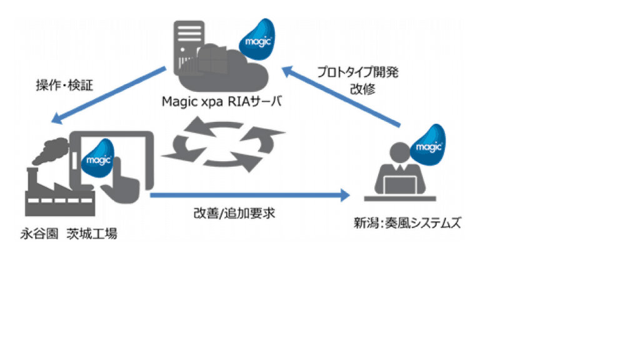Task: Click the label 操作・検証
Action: coord(64,85)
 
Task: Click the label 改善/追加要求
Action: coord(234,213)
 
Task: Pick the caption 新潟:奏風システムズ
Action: coord(407,223)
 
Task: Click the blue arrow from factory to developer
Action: coord(250,196)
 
